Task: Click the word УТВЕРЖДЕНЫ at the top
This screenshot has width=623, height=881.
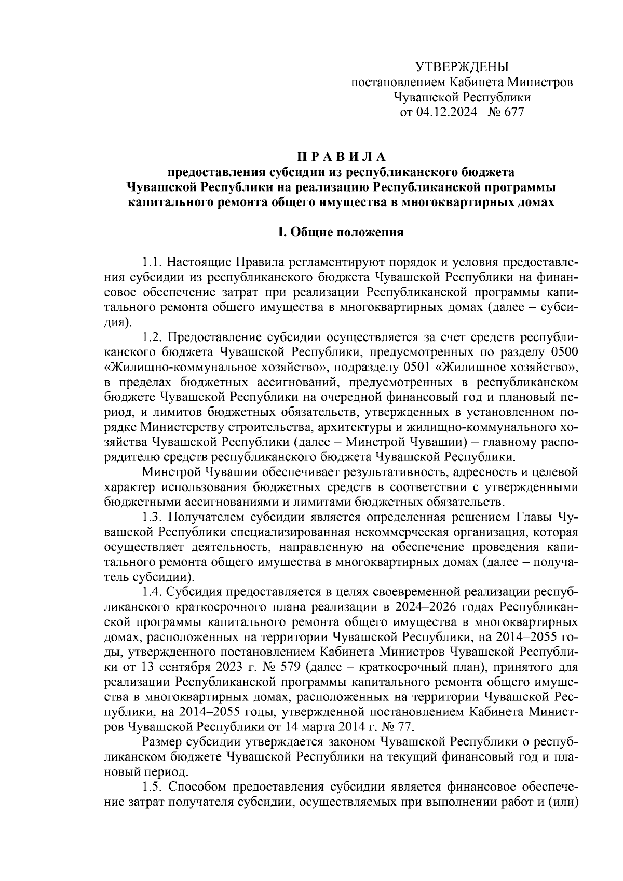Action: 462,66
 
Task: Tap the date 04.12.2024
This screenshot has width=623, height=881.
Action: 446,112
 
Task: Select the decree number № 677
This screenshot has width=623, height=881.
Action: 506,112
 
